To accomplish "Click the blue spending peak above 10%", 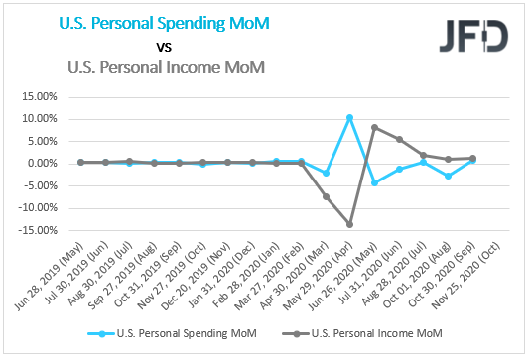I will (x=349, y=117).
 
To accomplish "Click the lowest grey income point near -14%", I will (x=349, y=224).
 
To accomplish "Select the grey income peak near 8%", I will (x=374, y=127).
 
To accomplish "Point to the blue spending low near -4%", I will (x=374, y=182).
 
